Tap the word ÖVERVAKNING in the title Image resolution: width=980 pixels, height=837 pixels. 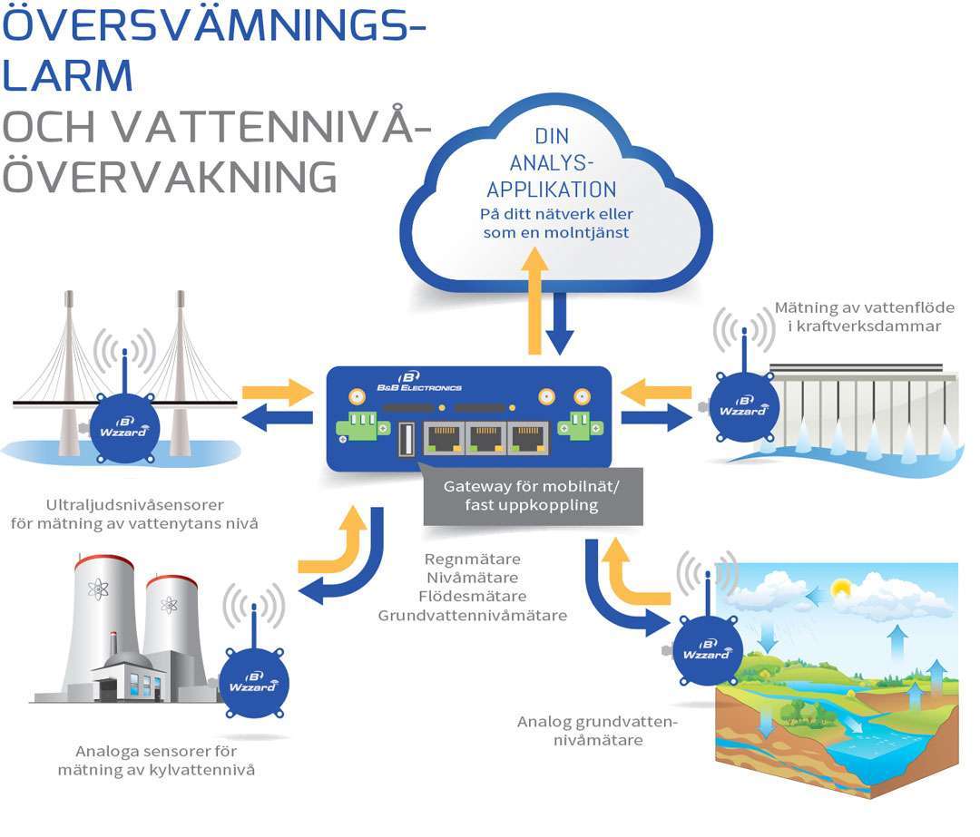[170, 176]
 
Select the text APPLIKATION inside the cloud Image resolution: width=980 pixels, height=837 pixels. [551, 190]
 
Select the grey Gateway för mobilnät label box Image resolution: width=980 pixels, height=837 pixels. [533, 496]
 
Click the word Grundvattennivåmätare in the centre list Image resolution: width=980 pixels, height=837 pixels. [472, 616]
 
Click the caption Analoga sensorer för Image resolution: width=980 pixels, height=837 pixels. [156, 751]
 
